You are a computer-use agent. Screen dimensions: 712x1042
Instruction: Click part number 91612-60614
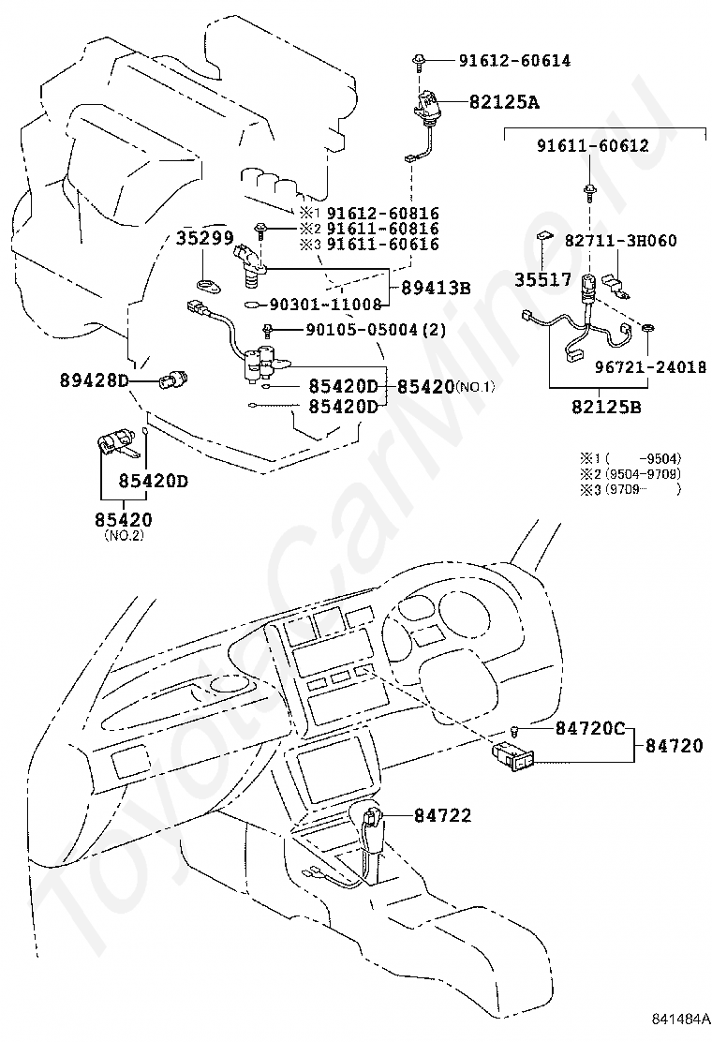pos(514,61)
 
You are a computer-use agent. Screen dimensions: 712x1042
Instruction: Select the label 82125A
pos(504,102)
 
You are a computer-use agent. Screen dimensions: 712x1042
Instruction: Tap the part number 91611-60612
pos(592,145)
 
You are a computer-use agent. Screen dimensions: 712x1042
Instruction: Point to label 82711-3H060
pos(620,241)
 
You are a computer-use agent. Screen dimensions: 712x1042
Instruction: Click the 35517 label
pos(542,280)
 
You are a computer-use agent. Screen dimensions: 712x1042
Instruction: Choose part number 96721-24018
pos(650,366)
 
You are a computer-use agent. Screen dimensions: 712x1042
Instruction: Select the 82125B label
pos(606,407)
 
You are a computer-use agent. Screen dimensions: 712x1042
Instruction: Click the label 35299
pos(204,238)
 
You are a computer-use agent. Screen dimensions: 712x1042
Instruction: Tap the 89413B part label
pos(436,288)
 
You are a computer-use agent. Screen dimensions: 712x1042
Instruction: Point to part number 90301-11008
pos(325,305)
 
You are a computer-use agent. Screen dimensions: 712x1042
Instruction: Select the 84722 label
pos(443,815)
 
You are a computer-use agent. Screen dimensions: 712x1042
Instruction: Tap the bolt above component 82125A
pos(420,62)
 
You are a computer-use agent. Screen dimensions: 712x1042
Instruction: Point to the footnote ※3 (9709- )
pos(631,490)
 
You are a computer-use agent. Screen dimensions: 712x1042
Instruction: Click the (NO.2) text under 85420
pos(124,535)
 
